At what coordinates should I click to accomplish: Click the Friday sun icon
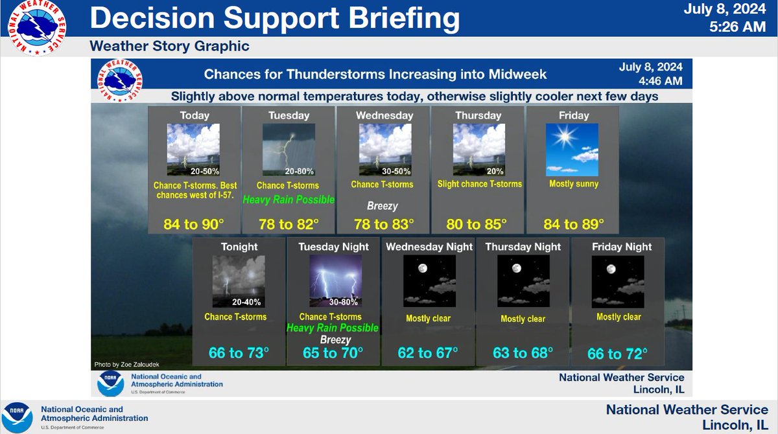(x=565, y=136)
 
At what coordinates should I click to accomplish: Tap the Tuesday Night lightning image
(x=336, y=281)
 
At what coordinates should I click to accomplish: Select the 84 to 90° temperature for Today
(x=194, y=225)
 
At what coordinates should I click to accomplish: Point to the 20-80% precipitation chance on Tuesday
(x=299, y=171)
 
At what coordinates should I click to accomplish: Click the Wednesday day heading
(x=384, y=115)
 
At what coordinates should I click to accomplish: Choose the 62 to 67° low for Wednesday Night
(x=427, y=353)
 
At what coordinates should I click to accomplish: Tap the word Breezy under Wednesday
(x=383, y=206)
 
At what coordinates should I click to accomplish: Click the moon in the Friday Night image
(x=611, y=269)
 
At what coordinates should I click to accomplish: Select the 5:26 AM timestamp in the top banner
(x=737, y=27)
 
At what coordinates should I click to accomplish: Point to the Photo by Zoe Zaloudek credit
(x=127, y=364)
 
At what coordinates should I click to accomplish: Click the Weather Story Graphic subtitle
(x=169, y=46)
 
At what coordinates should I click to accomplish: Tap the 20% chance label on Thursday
(x=495, y=171)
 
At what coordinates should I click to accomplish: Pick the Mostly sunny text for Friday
(x=574, y=184)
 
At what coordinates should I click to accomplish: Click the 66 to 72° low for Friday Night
(x=617, y=354)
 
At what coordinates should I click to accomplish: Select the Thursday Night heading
(x=523, y=247)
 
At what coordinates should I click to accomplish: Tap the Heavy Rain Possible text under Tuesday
(x=289, y=200)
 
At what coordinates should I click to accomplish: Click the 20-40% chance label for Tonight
(x=246, y=302)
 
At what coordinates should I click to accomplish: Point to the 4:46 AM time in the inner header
(x=661, y=81)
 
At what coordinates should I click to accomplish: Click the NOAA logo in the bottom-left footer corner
(x=17, y=418)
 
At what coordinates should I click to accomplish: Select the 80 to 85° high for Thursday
(x=477, y=225)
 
